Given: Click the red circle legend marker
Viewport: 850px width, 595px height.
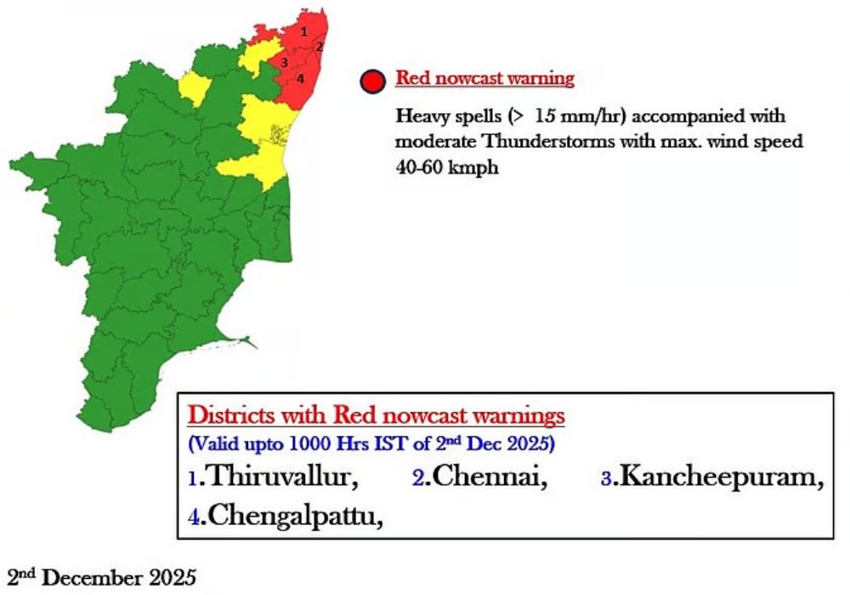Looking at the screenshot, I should pos(374,82).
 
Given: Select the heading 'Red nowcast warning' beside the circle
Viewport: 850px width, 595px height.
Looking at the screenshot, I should pos(484,79).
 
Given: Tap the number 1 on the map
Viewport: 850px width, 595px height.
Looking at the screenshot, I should pos(304,31).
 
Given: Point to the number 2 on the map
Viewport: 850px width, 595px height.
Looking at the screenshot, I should pos(319,47).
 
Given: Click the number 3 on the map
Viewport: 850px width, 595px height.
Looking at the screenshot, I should pos(284,62).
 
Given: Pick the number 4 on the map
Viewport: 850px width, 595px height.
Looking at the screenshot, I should pos(299,78).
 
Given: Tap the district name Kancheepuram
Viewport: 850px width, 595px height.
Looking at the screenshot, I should pos(718,478).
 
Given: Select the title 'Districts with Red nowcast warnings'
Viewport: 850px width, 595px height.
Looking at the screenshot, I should pos(376,416).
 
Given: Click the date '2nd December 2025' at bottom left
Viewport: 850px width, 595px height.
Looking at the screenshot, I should pos(101,579).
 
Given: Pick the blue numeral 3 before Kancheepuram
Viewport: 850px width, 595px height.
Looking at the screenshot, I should pos(606,479).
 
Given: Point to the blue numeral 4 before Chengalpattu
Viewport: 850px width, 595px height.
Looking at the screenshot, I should pos(194,517).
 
